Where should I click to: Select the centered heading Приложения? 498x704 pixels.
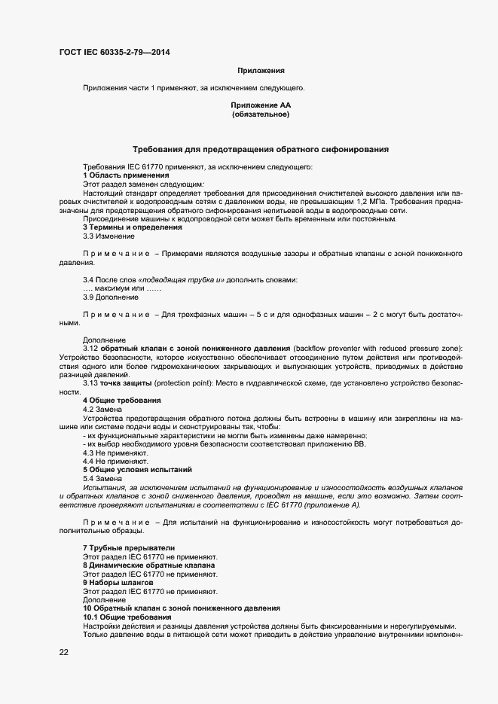[261, 71]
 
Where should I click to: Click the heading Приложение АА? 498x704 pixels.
[261, 106]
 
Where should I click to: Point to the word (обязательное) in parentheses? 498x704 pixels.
[261, 115]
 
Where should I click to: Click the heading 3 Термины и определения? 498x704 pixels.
[132, 227]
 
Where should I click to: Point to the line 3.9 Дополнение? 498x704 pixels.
[111, 297]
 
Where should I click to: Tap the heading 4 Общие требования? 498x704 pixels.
[121, 400]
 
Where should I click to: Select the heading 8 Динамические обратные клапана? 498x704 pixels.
[148, 565]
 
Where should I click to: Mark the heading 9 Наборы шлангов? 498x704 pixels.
[118, 582]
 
